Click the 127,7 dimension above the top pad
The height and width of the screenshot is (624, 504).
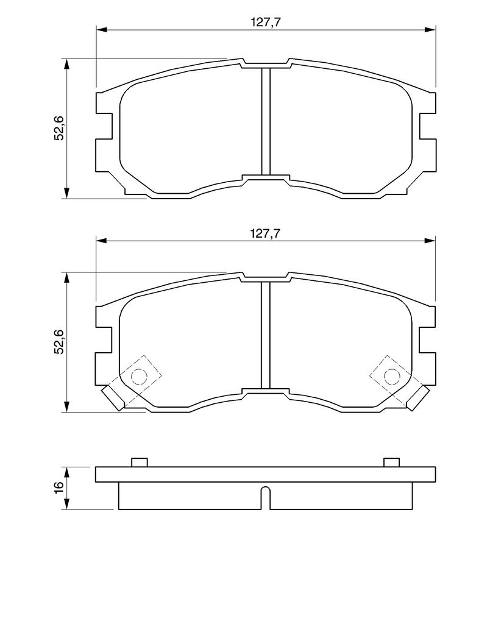tap(266, 23)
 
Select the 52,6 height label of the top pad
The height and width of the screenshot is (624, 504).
tap(59, 129)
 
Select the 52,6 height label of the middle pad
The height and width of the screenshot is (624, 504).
tap(59, 341)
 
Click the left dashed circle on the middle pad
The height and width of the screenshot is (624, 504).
tap(139, 376)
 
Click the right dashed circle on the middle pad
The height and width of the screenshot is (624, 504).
tap(391, 376)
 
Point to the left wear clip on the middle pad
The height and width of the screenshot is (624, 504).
tap(113, 398)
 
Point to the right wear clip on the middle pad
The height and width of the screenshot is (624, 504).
tap(418, 398)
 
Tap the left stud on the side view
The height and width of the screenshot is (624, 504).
tap(140, 462)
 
